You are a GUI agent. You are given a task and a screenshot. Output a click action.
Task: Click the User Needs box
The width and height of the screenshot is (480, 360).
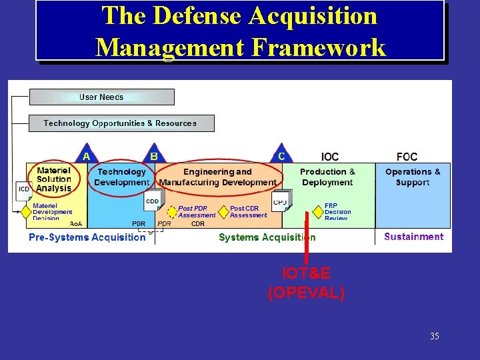tap(101, 97)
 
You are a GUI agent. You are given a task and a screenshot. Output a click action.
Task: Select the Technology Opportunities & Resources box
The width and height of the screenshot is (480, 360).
tap(121, 123)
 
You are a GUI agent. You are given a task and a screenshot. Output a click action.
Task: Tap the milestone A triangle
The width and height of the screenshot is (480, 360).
tap(85, 155)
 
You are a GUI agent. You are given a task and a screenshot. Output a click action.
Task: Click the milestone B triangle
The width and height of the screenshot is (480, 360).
tap(154, 155)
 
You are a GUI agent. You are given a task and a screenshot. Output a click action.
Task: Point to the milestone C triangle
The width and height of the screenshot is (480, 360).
tap(281, 155)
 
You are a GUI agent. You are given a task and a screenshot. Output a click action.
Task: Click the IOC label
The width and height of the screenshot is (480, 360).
tap(330, 157)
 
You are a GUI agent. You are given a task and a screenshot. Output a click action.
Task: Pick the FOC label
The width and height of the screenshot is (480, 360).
tap(407, 157)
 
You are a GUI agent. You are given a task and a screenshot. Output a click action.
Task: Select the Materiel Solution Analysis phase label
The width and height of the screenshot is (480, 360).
tap(54, 179)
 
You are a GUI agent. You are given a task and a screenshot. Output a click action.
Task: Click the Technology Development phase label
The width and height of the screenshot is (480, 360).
tap(121, 177)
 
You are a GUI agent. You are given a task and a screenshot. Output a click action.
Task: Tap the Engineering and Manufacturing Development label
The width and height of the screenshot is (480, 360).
tap(218, 177)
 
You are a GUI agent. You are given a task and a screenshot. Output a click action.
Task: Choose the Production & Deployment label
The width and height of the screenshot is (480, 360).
tap(327, 177)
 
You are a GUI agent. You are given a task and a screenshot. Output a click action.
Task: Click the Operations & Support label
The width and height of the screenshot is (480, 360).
tap(413, 177)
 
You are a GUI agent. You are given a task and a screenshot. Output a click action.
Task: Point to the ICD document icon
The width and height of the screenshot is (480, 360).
tap(24, 190)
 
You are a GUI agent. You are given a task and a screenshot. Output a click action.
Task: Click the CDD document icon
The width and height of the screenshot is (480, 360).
tap(153, 201)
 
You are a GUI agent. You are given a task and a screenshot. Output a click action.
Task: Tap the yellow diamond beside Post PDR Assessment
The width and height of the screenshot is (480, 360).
tap(172, 212)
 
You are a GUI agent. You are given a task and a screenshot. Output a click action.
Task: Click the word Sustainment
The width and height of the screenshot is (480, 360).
tap(413, 237)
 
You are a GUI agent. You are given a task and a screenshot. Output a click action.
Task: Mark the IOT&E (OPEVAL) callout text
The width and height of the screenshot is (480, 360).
tap(306, 283)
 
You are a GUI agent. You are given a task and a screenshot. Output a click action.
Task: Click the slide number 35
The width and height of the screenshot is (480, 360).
tap(435, 336)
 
